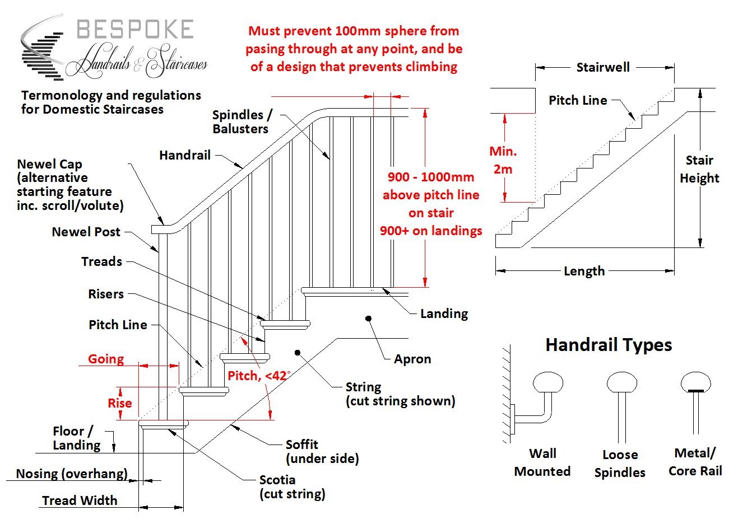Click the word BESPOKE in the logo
click(x=135, y=30)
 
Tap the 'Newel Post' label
click(x=86, y=232)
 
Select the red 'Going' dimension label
click(x=106, y=359)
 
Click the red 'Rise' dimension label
click(x=119, y=403)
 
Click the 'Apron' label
click(x=412, y=359)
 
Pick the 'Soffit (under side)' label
click(x=322, y=451)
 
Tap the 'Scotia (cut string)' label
click(x=292, y=487)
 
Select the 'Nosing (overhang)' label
click(x=72, y=474)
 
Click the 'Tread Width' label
click(x=80, y=500)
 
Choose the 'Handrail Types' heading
click(x=609, y=345)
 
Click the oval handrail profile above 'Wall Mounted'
click(x=547, y=383)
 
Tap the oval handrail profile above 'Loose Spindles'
click(x=621, y=383)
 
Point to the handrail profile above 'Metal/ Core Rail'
click(x=696, y=382)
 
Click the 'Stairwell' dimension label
click(x=603, y=68)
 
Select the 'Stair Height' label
click(x=699, y=169)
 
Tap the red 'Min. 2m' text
click(x=503, y=160)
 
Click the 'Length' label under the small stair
click(x=584, y=272)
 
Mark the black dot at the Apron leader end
click(x=368, y=319)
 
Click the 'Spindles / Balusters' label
click(x=242, y=121)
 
